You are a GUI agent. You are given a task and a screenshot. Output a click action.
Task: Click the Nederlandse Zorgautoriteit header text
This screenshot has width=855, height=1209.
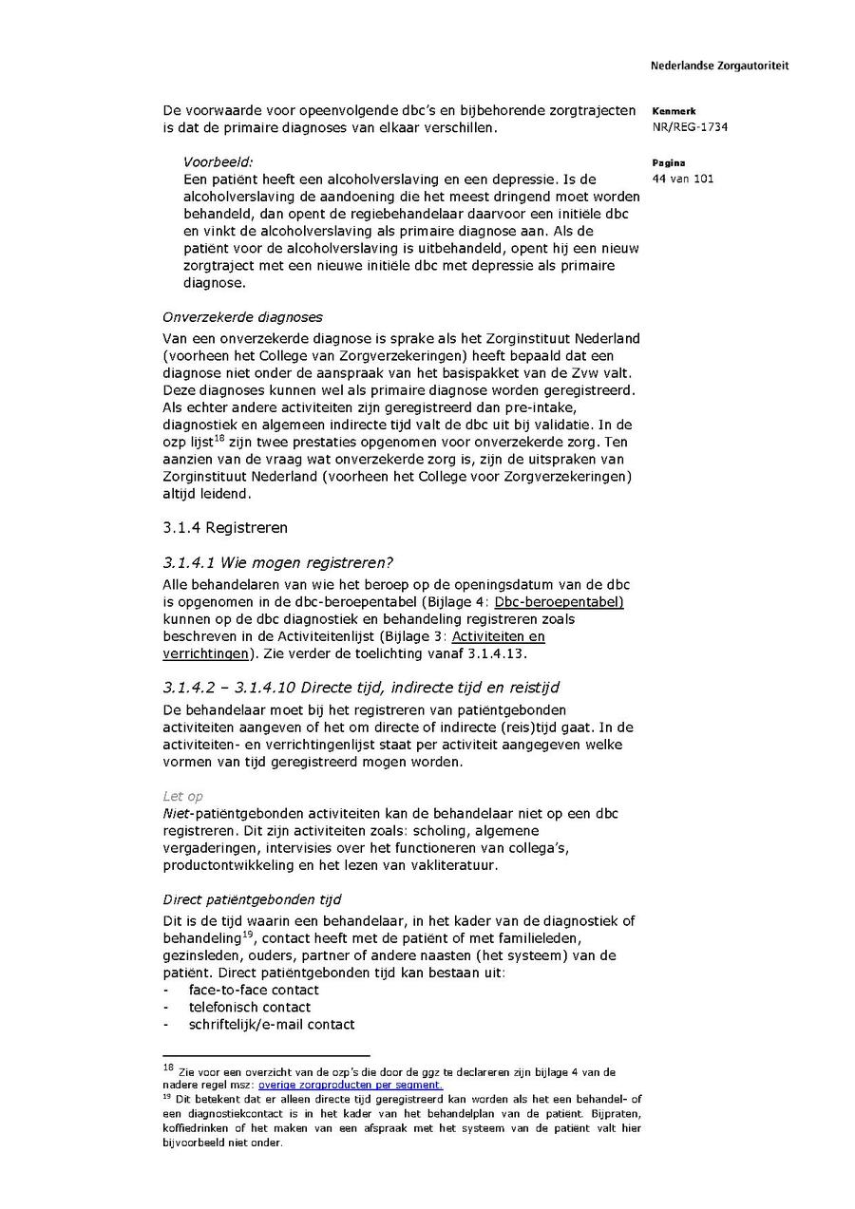pyautogui.click(x=719, y=66)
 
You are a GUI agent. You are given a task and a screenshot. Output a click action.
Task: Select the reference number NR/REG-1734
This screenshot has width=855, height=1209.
pyautogui.click(x=690, y=127)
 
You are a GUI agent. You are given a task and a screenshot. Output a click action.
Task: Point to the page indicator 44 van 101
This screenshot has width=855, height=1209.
pyautogui.click(x=683, y=179)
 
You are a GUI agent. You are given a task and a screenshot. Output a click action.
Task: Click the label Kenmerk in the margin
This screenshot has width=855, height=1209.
pyautogui.click(x=674, y=111)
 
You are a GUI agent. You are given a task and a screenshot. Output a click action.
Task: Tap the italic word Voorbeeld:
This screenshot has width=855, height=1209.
pyautogui.click(x=218, y=162)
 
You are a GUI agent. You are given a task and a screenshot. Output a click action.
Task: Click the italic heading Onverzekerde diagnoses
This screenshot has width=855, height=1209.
pyautogui.click(x=242, y=317)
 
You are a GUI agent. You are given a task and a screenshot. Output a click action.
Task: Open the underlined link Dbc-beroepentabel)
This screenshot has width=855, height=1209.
pyautogui.click(x=559, y=602)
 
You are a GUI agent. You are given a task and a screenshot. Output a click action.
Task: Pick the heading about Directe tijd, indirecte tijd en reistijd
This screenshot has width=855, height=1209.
pyautogui.click(x=380, y=688)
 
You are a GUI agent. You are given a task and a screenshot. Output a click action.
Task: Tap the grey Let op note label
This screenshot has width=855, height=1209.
pyautogui.click(x=182, y=796)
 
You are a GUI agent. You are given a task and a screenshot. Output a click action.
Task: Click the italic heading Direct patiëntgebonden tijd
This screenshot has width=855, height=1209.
pyautogui.click(x=252, y=898)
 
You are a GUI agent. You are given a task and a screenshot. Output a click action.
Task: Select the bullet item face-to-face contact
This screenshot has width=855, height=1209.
pyautogui.click(x=254, y=990)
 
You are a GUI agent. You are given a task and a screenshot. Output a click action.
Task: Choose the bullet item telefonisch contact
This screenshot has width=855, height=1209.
pyautogui.click(x=249, y=1007)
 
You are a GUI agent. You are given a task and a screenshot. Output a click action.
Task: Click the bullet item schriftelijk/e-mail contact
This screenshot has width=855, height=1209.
pyautogui.click(x=272, y=1024)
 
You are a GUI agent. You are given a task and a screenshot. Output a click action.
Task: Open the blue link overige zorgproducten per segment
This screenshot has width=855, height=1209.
pyautogui.click(x=350, y=1085)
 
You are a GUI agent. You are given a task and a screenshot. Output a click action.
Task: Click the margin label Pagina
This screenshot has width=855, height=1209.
pyautogui.click(x=669, y=162)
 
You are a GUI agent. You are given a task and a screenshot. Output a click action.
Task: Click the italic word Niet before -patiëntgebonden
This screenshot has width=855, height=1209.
pyautogui.click(x=176, y=813)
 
